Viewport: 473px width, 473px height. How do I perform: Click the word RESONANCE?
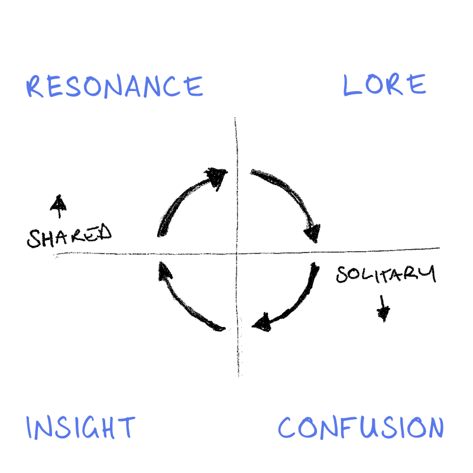(115, 87)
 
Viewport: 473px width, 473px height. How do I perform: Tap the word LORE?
(384, 85)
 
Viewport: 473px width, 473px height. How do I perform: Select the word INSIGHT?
(81, 427)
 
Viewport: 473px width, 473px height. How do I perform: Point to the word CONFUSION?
(361, 427)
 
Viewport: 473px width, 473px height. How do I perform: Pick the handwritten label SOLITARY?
(385, 274)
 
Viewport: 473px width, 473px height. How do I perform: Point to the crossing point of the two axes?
(237, 252)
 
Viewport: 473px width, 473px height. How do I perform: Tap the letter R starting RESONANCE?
(35, 87)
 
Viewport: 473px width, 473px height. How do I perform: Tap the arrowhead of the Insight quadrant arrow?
(164, 271)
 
